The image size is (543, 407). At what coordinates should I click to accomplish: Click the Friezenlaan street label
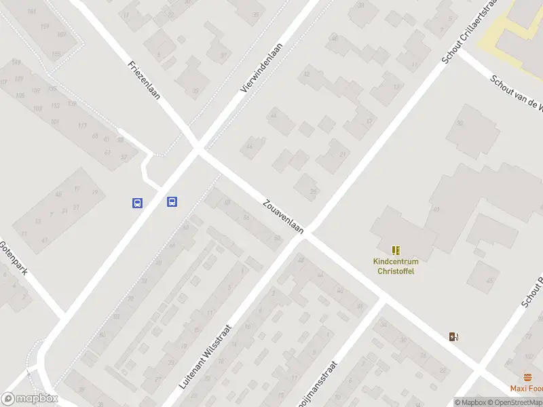(144, 81)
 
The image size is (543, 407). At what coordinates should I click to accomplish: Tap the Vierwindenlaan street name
(262, 67)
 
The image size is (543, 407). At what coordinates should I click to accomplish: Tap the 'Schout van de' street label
(516, 92)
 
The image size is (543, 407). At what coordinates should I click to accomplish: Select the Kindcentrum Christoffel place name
(396, 266)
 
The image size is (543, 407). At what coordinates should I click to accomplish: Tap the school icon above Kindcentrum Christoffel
(396, 250)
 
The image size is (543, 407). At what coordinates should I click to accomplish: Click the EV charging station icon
(453, 336)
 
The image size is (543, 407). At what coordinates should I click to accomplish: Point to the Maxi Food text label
(527, 389)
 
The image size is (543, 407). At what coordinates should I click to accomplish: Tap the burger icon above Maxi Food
(527, 377)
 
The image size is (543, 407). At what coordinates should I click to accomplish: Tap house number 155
(56, 54)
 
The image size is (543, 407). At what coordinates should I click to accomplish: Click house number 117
(82, 125)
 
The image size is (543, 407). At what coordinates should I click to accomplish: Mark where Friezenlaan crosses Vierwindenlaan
(198, 149)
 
